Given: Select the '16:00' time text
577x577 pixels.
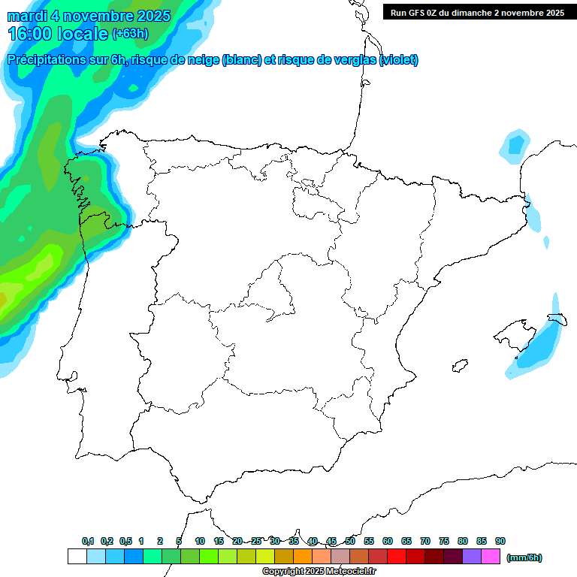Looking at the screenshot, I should [x=30, y=34].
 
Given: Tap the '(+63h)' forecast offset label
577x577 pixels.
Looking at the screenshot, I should [x=130, y=34].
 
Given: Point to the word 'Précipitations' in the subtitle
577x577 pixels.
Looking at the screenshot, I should [x=44, y=60].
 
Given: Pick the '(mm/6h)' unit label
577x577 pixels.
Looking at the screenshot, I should [x=524, y=557].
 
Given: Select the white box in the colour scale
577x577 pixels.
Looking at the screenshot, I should [x=77, y=557].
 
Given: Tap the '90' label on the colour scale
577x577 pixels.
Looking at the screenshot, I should [x=500, y=541].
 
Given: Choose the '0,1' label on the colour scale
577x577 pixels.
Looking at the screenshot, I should [x=87, y=541].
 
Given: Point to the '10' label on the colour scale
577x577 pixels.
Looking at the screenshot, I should [x=200, y=541].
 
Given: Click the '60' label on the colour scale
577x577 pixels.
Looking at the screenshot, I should [x=388, y=541].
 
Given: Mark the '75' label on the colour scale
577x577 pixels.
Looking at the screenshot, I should [x=444, y=541].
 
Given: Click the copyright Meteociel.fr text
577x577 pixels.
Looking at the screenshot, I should [x=319, y=572].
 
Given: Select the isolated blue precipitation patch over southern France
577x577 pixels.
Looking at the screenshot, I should [x=515, y=144].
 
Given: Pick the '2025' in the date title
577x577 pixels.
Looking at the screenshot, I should [x=148, y=16].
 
